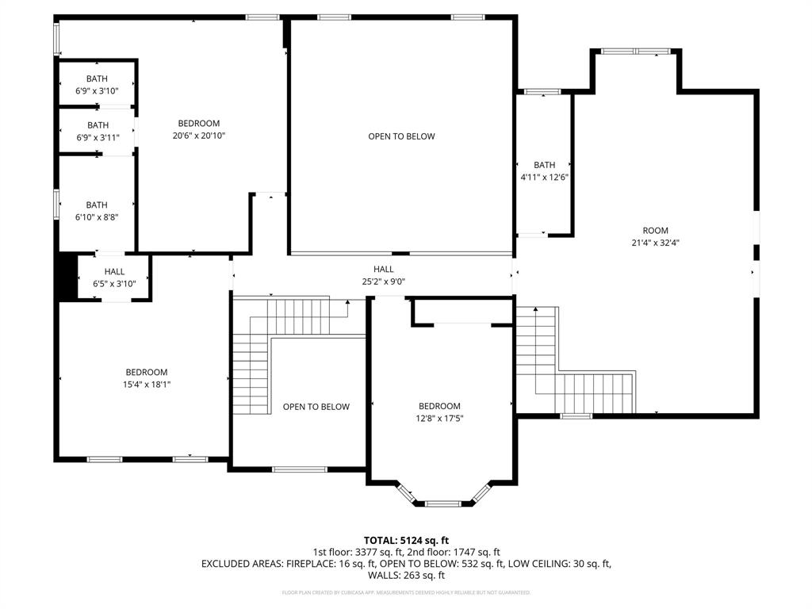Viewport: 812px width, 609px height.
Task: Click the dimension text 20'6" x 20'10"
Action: point(198,136)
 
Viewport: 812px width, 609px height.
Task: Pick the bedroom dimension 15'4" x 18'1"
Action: point(147,385)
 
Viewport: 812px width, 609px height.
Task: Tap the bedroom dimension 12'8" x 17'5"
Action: point(439,418)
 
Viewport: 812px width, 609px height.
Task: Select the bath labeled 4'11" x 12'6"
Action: point(544,178)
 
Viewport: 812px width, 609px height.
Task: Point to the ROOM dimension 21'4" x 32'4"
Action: point(656,243)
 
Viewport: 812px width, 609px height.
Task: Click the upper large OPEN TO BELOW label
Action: point(401,136)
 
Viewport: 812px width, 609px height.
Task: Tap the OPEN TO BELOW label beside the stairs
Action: point(316,407)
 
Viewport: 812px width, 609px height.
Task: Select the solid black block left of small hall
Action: point(65,277)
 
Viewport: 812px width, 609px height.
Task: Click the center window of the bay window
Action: point(442,503)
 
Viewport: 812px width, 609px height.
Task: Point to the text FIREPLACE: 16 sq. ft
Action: point(356,564)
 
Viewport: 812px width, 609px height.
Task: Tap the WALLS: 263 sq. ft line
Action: point(406,576)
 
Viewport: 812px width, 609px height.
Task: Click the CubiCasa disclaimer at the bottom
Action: point(406,592)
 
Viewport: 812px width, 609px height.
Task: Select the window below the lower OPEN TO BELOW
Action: point(299,469)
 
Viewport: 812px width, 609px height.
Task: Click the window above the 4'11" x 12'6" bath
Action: point(543,92)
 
